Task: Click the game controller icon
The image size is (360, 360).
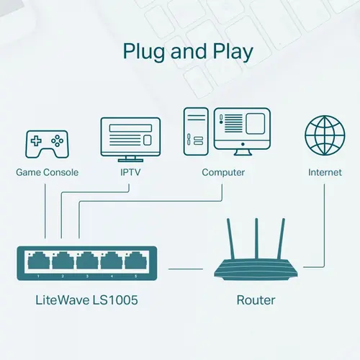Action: tap(47, 143)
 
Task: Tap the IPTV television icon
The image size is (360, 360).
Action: tap(130, 138)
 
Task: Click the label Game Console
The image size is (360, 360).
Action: tap(47, 173)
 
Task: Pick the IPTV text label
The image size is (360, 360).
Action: tap(130, 173)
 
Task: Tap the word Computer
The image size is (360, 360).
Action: tap(223, 173)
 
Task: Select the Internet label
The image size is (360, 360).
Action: tap(325, 173)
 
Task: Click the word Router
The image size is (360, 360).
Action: tap(256, 299)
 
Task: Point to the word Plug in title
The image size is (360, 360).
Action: tap(146, 53)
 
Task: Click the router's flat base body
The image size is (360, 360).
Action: tap(256, 271)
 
